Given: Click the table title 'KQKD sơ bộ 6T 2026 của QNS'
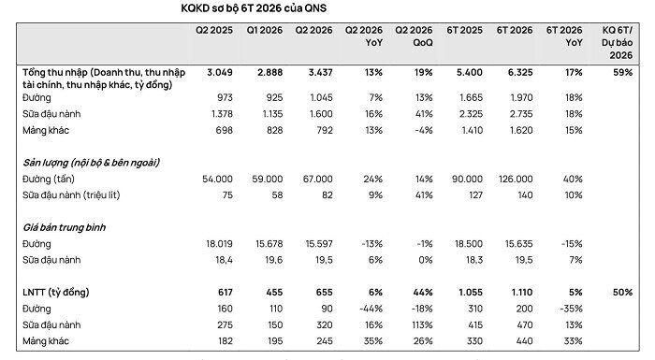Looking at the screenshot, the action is pos(254,8).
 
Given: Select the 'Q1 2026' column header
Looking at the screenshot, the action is pos(265,31).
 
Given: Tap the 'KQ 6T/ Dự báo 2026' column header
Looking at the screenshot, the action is pos(617,43).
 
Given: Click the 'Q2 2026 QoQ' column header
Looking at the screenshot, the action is pos(414,36).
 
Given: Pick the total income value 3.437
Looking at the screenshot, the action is pos(320,73).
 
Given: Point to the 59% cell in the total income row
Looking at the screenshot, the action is pos(623,73).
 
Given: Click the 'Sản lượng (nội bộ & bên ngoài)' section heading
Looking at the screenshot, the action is pos(91,163).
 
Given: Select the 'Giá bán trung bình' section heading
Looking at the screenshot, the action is pos(64,227).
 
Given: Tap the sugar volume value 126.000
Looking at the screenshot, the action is pos(516,180).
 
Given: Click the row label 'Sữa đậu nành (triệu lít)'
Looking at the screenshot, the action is pos(71,195).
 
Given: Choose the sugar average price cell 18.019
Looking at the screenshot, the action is pos(219,244).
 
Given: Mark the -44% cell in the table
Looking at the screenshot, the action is pos(371,310).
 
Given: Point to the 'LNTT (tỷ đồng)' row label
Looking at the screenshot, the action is pos(56,293).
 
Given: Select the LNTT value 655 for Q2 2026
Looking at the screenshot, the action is pos(324,293).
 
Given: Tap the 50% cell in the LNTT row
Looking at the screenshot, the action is pos(623,293).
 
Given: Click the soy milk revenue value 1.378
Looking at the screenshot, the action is pos(222,114).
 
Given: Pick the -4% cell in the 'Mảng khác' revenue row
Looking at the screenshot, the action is pos(424,130).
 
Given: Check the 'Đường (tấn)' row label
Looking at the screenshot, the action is pos(49,180).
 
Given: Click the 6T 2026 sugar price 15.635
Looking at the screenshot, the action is pos(518,244).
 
